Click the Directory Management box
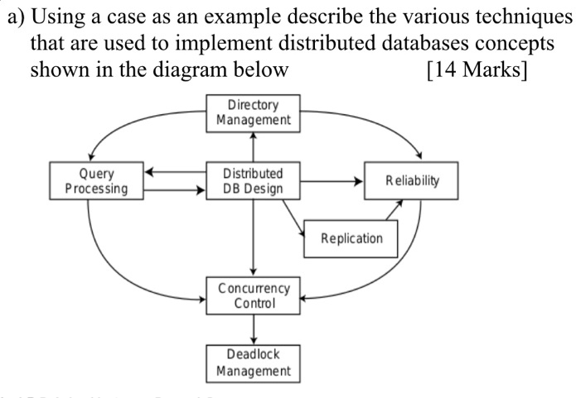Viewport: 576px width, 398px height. point(253,113)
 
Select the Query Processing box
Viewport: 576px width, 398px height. point(97,181)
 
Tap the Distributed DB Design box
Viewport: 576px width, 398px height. point(253,181)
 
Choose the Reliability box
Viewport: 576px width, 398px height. point(411,180)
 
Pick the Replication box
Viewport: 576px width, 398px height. point(352,238)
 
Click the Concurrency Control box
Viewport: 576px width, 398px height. point(253,295)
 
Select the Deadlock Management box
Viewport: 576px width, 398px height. point(253,362)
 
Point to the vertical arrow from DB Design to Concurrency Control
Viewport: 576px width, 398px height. point(253,240)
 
